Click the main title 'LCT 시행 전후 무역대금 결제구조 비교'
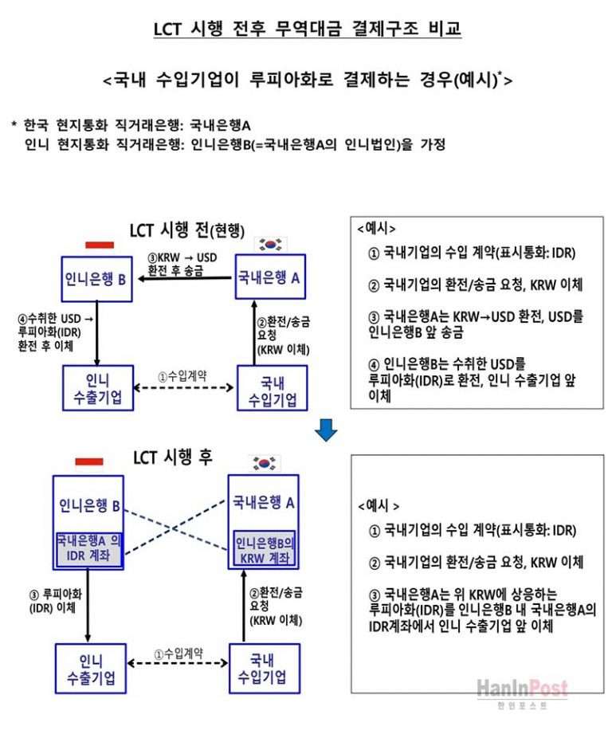tap(307, 30)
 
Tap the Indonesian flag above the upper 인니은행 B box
tap(100, 244)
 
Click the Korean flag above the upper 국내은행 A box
tap(269, 243)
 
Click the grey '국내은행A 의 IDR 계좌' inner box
tap(88, 548)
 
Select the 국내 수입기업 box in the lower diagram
tap(264, 669)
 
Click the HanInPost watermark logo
tap(522, 690)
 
